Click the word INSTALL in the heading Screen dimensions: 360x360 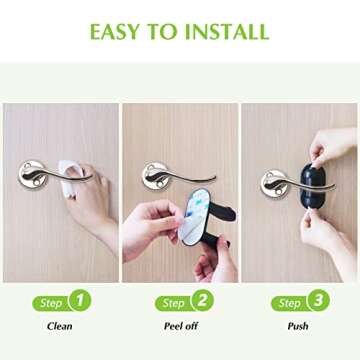226,31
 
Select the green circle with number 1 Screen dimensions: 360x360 80,300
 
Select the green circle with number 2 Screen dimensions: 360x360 201,300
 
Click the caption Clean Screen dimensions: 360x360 60,325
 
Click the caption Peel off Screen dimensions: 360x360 181,325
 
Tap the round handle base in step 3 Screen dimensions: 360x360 272,183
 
